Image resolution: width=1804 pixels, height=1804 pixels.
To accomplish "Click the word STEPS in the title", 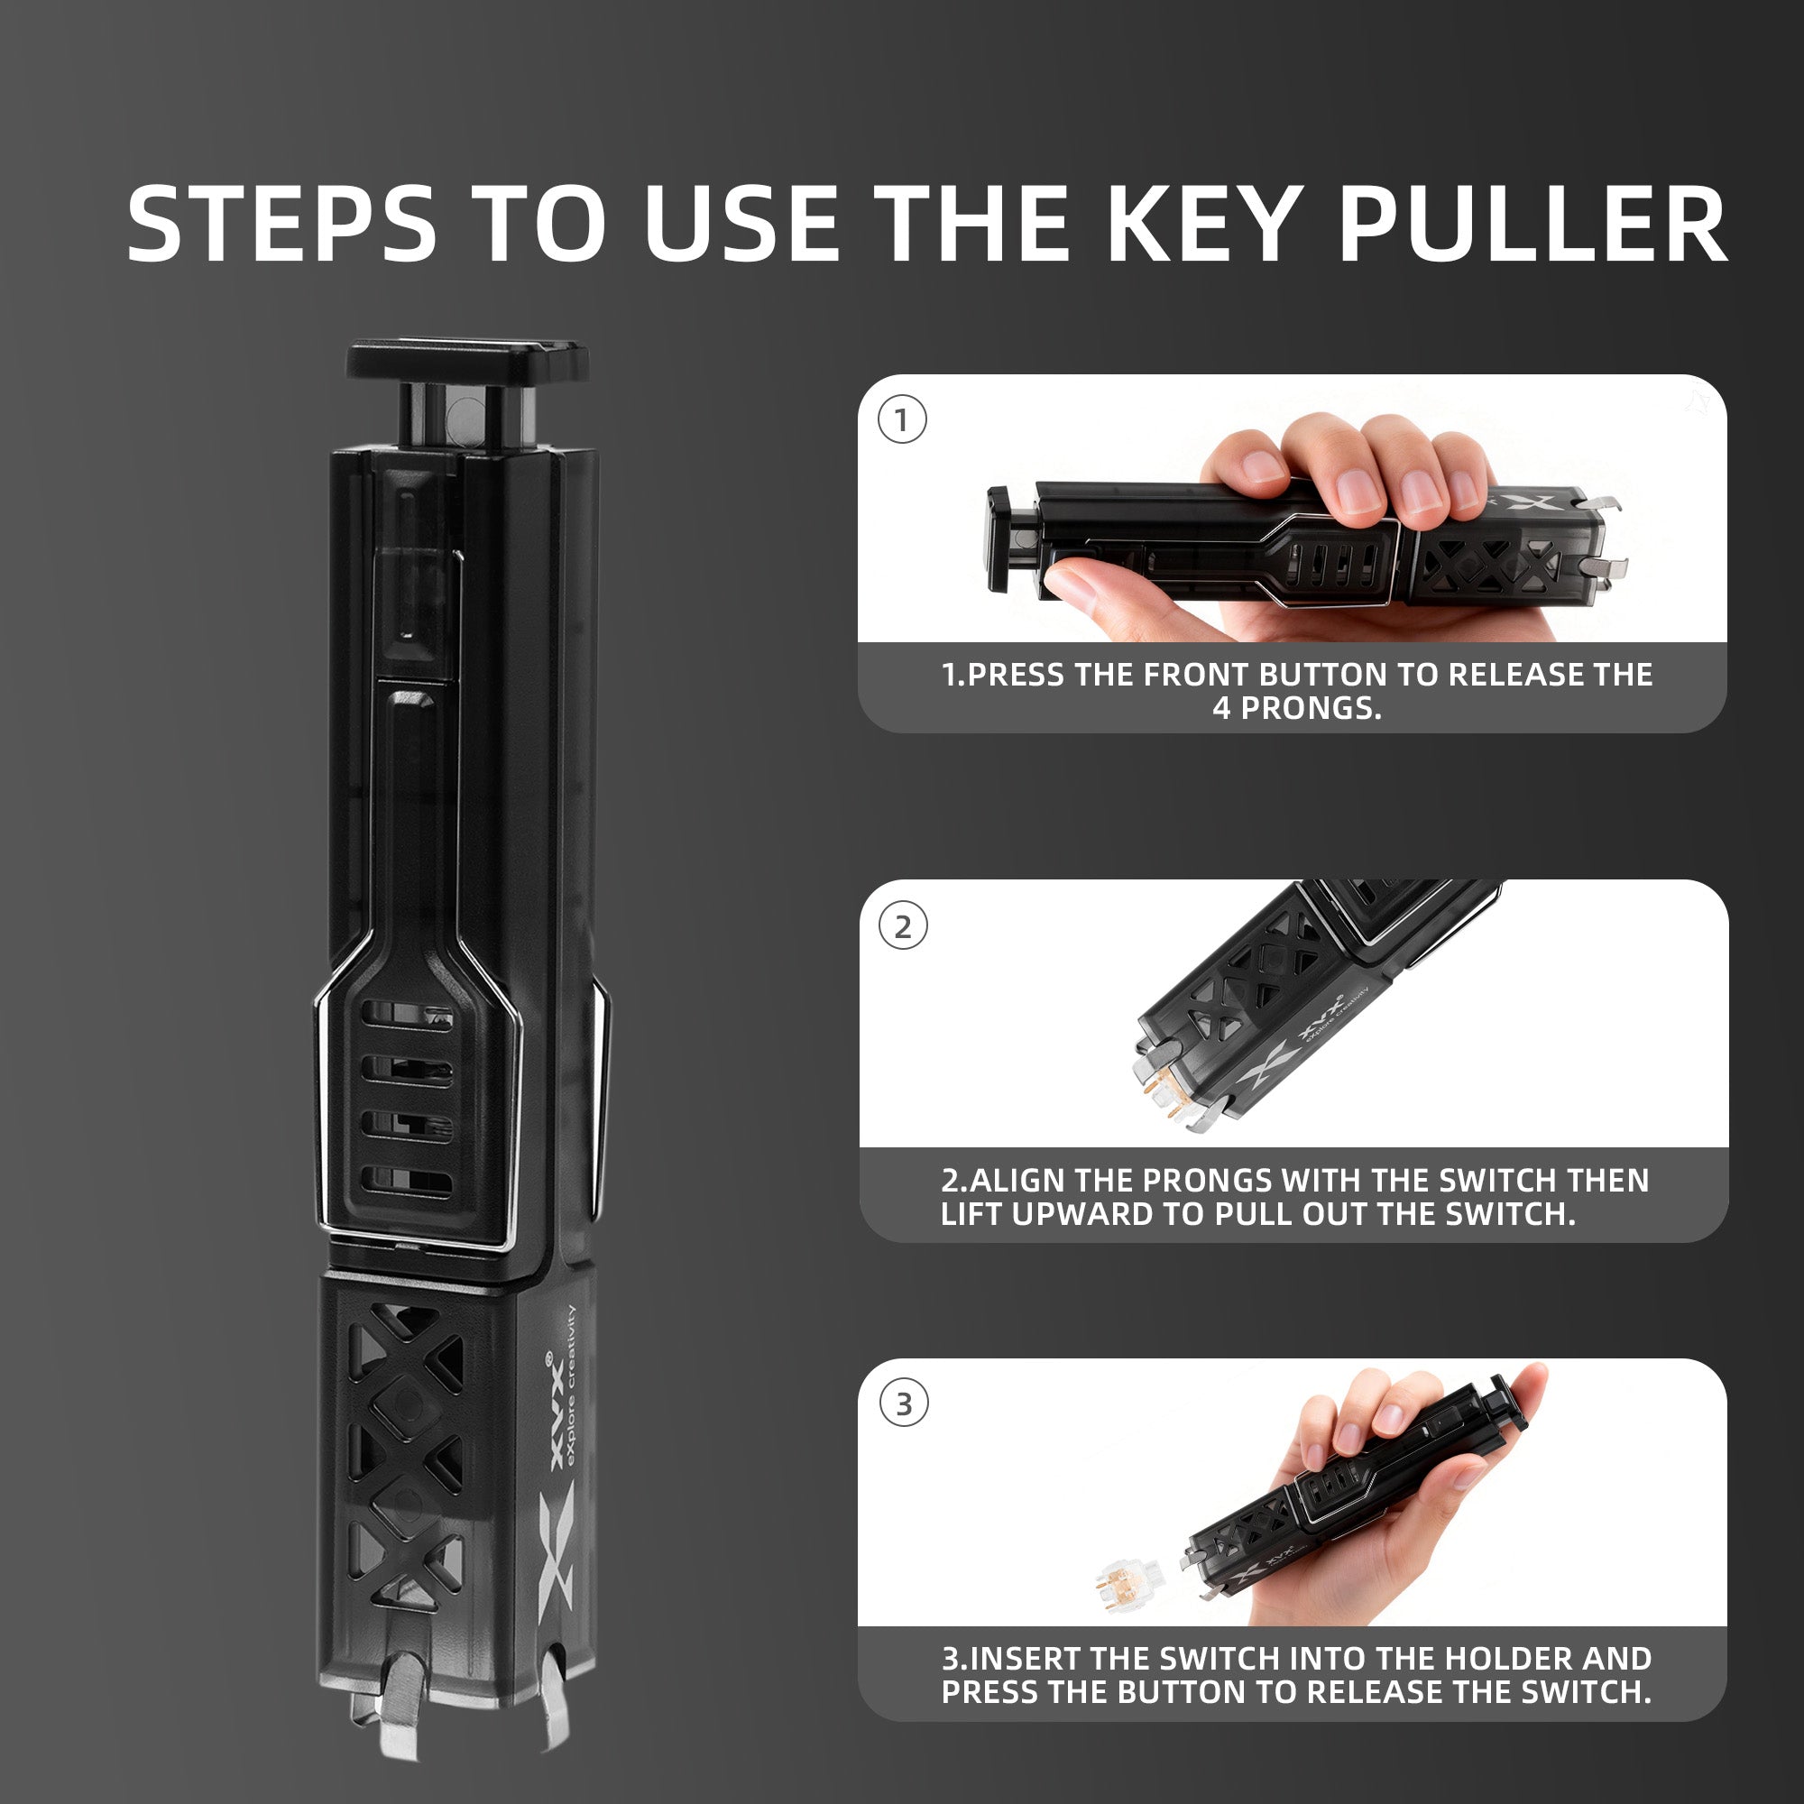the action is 281,223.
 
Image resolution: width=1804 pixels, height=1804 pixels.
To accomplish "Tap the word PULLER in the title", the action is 1533,223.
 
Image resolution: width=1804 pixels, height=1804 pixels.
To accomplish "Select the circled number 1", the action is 902,420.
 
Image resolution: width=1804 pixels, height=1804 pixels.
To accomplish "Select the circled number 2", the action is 902,926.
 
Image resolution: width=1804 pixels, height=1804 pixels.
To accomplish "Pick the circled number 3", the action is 903,1403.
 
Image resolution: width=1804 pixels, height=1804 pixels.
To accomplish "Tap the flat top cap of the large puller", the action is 467,361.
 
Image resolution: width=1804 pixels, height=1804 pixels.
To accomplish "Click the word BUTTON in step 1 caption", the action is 1323,675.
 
